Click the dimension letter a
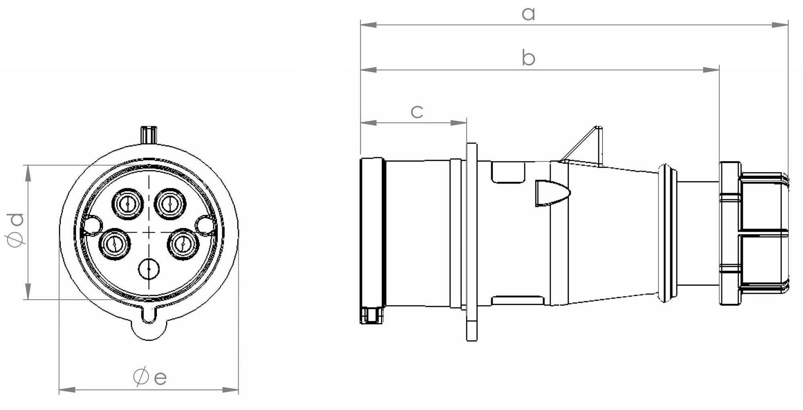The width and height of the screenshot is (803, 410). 528,14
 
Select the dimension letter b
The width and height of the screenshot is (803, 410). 528,58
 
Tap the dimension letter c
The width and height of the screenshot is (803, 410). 417,111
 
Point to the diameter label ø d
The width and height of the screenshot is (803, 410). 16,230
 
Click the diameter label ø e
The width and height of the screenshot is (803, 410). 150,377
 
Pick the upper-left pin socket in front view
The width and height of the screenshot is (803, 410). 128,204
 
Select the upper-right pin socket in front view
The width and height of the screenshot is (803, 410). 170,204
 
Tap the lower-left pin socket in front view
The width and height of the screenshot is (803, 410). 115,244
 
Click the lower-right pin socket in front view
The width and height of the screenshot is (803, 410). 183,244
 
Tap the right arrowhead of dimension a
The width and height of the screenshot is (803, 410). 780,25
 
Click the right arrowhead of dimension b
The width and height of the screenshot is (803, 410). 711,70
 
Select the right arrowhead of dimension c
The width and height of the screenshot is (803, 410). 458,123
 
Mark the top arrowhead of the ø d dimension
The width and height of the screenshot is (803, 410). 28,173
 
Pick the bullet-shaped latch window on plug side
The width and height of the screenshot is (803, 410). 552,193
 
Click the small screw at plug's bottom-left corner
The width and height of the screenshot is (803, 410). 371,315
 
